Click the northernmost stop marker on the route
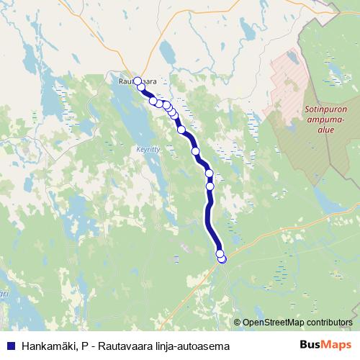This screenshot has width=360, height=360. (x=137, y=81)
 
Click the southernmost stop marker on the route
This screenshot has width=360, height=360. (x=222, y=259)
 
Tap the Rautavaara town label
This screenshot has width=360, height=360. (x=137, y=83)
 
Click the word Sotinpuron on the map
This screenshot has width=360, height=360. (x=326, y=110)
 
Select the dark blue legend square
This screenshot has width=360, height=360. (x=10, y=346)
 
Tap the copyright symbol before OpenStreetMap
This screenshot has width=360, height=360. (x=237, y=322)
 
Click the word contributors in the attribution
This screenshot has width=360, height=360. (x=330, y=322)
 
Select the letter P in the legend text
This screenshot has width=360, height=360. (x=84, y=346)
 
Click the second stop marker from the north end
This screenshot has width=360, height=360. (x=141, y=88)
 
